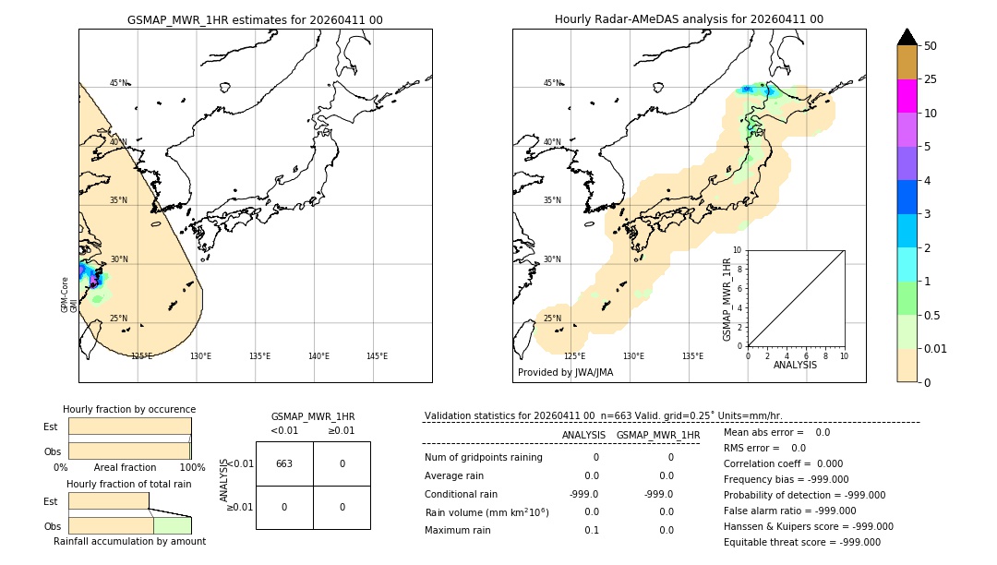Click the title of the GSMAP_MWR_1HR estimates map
(255, 19)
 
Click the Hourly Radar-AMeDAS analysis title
(689, 19)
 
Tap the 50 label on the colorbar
(931, 46)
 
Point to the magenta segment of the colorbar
(907, 96)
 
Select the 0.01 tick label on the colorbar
(936, 348)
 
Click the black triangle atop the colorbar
(907, 37)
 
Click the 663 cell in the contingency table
(284, 463)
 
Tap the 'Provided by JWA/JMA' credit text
(565, 372)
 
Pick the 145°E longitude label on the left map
(377, 356)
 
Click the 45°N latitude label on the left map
(119, 83)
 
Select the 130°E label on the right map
(633, 356)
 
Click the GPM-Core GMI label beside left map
(69, 294)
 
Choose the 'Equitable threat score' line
(801, 542)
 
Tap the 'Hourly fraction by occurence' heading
(129, 409)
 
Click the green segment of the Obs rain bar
(172, 525)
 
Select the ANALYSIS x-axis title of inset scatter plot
(795, 365)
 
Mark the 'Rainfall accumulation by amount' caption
(129, 541)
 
